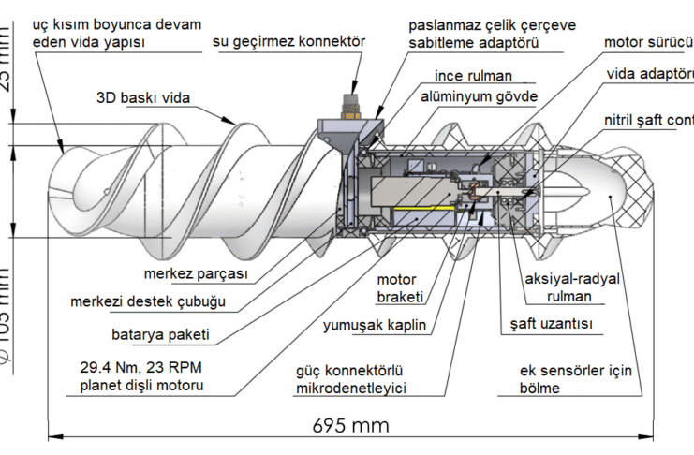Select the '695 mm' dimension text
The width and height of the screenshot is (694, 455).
(x=350, y=425)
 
